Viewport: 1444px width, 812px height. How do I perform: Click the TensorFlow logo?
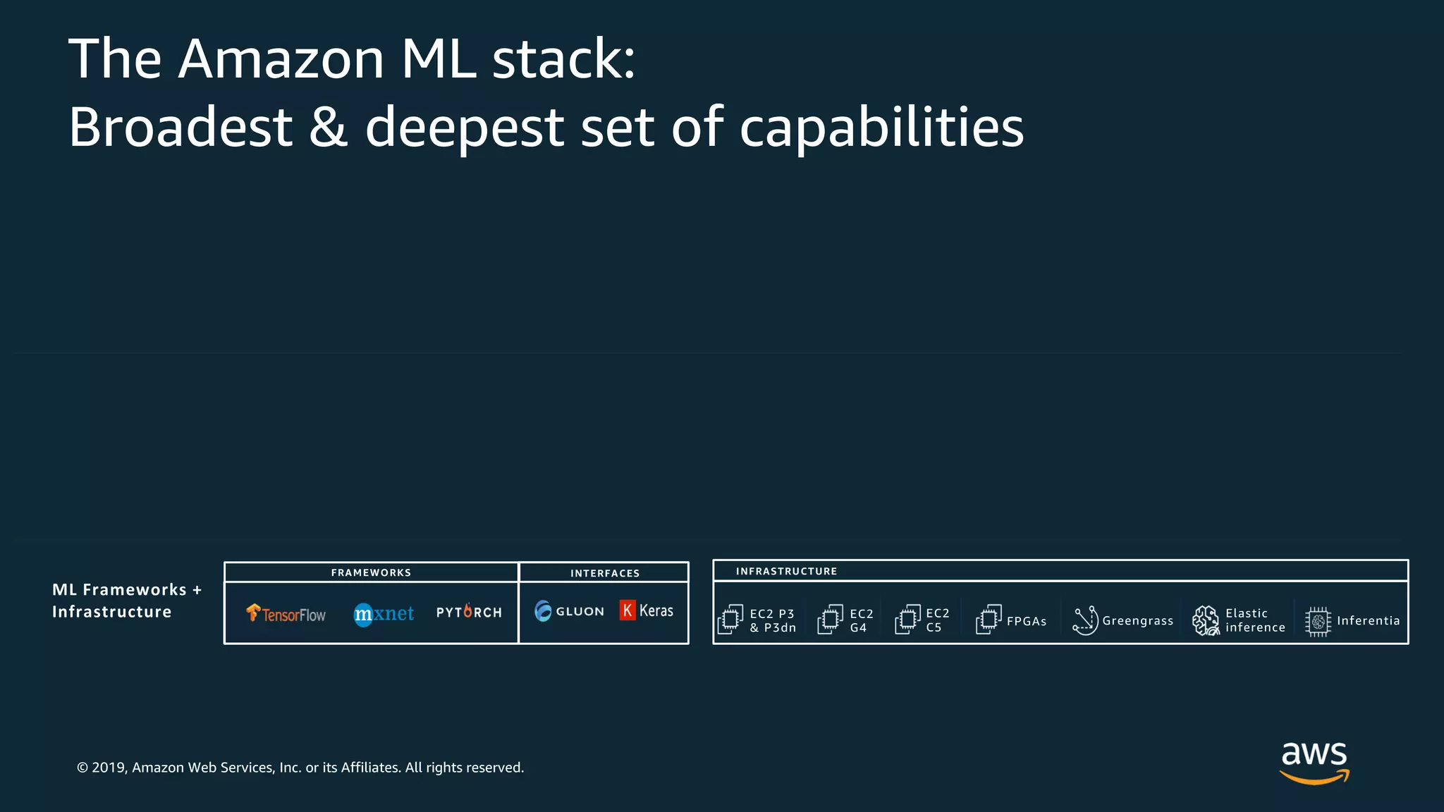(x=286, y=614)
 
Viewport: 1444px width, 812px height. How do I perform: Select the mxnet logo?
(x=384, y=614)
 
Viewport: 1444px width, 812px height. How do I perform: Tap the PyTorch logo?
(x=469, y=612)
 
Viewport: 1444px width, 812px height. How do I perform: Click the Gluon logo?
(x=569, y=611)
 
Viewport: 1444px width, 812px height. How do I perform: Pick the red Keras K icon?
(x=627, y=610)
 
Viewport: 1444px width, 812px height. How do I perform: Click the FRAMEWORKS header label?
(x=371, y=572)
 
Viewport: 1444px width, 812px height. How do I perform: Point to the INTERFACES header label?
(x=605, y=573)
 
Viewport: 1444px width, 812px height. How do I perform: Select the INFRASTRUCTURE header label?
(x=786, y=571)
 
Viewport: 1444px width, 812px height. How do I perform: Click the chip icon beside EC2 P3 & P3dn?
(x=730, y=620)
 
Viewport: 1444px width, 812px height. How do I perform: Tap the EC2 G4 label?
(x=861, y=620)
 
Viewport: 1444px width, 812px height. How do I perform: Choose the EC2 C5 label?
(x=937, y=620)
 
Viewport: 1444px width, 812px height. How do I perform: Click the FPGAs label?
(x=1027, y=621)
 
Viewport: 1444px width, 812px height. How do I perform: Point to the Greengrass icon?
(x=1085, y=620)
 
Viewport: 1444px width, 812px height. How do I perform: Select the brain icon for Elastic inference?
(x=1206, y=620)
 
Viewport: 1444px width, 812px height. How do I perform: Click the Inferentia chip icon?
(x=1317, y=621)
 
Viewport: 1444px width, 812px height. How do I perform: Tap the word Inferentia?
(x=1368, y=620)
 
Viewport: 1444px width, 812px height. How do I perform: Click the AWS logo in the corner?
(x=1314, y=761)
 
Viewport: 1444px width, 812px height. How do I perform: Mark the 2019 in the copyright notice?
(x=109, y=768)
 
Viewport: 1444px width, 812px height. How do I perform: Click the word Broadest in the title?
(x=180, y=127)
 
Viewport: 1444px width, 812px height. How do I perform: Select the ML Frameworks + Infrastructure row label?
(x=126, y=601)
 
